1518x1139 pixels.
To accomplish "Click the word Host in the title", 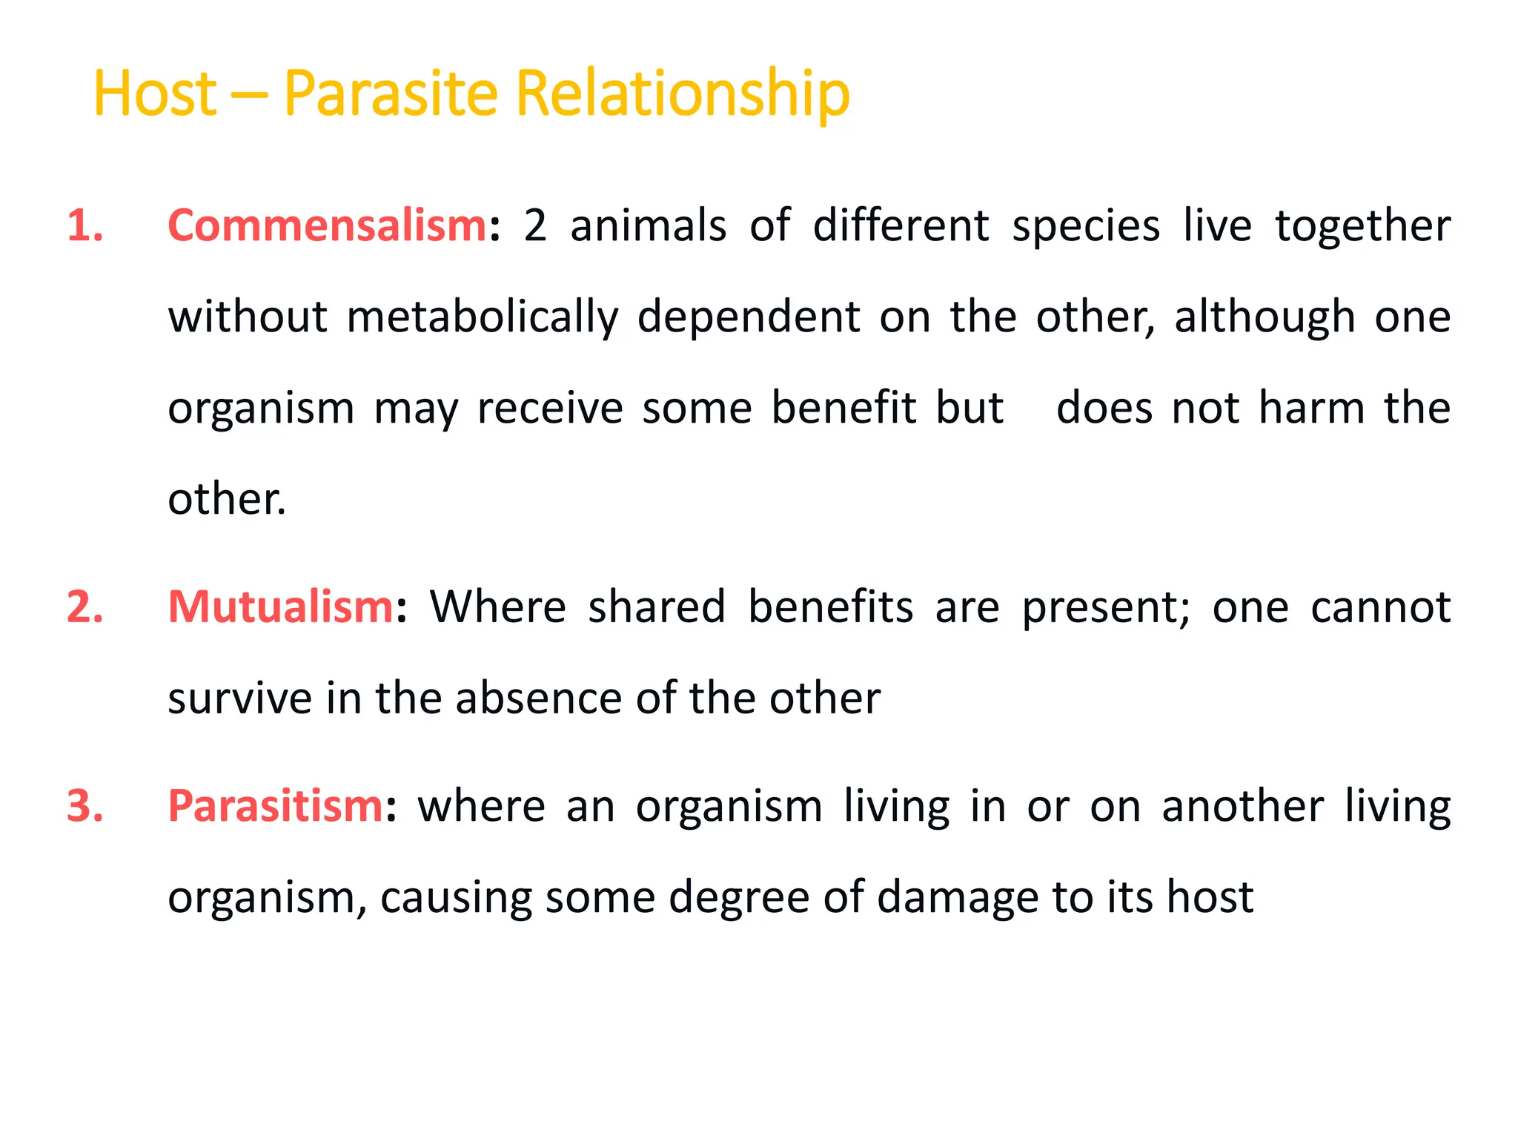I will (155, 93).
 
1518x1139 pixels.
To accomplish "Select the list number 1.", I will (84, 225).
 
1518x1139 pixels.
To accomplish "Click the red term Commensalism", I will (327, 225).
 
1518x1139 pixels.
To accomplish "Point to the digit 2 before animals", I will (534, 225).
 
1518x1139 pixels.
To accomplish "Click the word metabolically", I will (482, 317).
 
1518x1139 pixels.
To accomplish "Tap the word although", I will (1265, 317).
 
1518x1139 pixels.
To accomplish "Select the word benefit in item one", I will (843, 408).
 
